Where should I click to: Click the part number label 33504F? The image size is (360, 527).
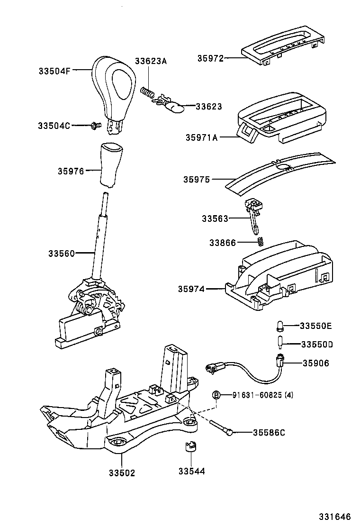coord(54,71)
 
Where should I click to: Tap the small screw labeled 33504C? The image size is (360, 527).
coord(96,125)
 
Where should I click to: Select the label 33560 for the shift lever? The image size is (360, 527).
coord(61,254)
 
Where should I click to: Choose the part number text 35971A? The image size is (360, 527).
coord(202,137)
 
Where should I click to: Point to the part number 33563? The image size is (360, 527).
coord(215,218)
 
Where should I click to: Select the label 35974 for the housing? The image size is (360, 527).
coord(191,288)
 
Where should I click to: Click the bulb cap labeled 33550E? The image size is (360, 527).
coord(280,325)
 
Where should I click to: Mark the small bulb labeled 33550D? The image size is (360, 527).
coord(280,342)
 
